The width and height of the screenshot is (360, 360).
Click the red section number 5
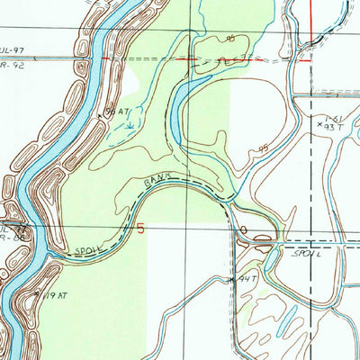pyautogui.click(x=140, y=228)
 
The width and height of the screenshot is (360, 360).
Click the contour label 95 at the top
pyautogui.click(x=230, y=39)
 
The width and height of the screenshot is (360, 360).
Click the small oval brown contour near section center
pyautogui.click(x=243, y=230)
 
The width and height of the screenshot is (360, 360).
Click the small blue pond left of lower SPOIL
pyautogui.click(x=264, y=241)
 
